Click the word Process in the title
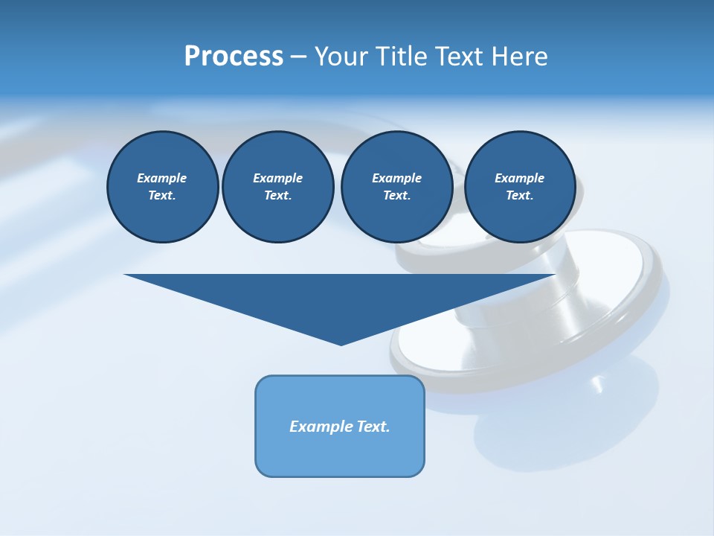click(234, 57)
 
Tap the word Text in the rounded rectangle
click(373, 427)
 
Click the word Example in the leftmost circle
click(162, 178)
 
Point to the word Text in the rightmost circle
click(519, 195)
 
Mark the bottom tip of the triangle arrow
click(341, 344)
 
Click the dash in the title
click(298, 57)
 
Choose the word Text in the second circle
click(277, 195)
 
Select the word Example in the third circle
click(396, 178)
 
